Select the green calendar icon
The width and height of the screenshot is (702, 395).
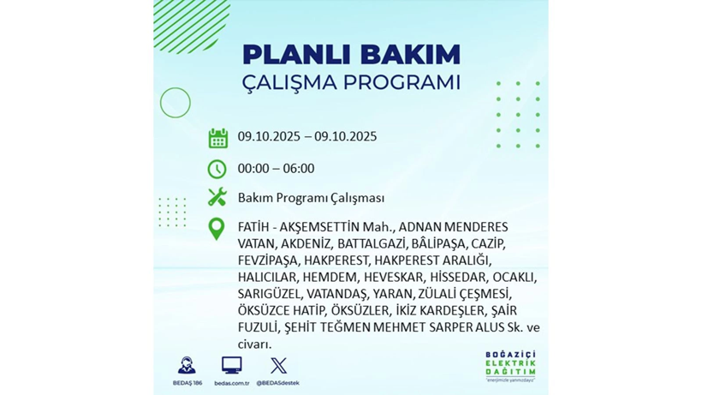pos(217,137)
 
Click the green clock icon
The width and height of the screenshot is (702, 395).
pos(217,169)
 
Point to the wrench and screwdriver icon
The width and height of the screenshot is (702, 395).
pos(217,197)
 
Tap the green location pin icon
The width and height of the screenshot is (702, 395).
pos(217,229)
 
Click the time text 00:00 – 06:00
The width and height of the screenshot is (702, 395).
pos(276,169)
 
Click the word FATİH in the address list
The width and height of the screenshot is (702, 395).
pos(254,227)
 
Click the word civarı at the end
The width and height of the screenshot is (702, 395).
pos(255,344)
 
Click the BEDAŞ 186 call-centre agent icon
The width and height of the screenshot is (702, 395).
pos(186,366)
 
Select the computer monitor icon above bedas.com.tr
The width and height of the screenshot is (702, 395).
pos(231,366)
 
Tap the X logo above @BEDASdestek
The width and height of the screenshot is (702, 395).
pos(278,366)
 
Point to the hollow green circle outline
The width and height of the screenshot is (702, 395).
pos(175,103)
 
